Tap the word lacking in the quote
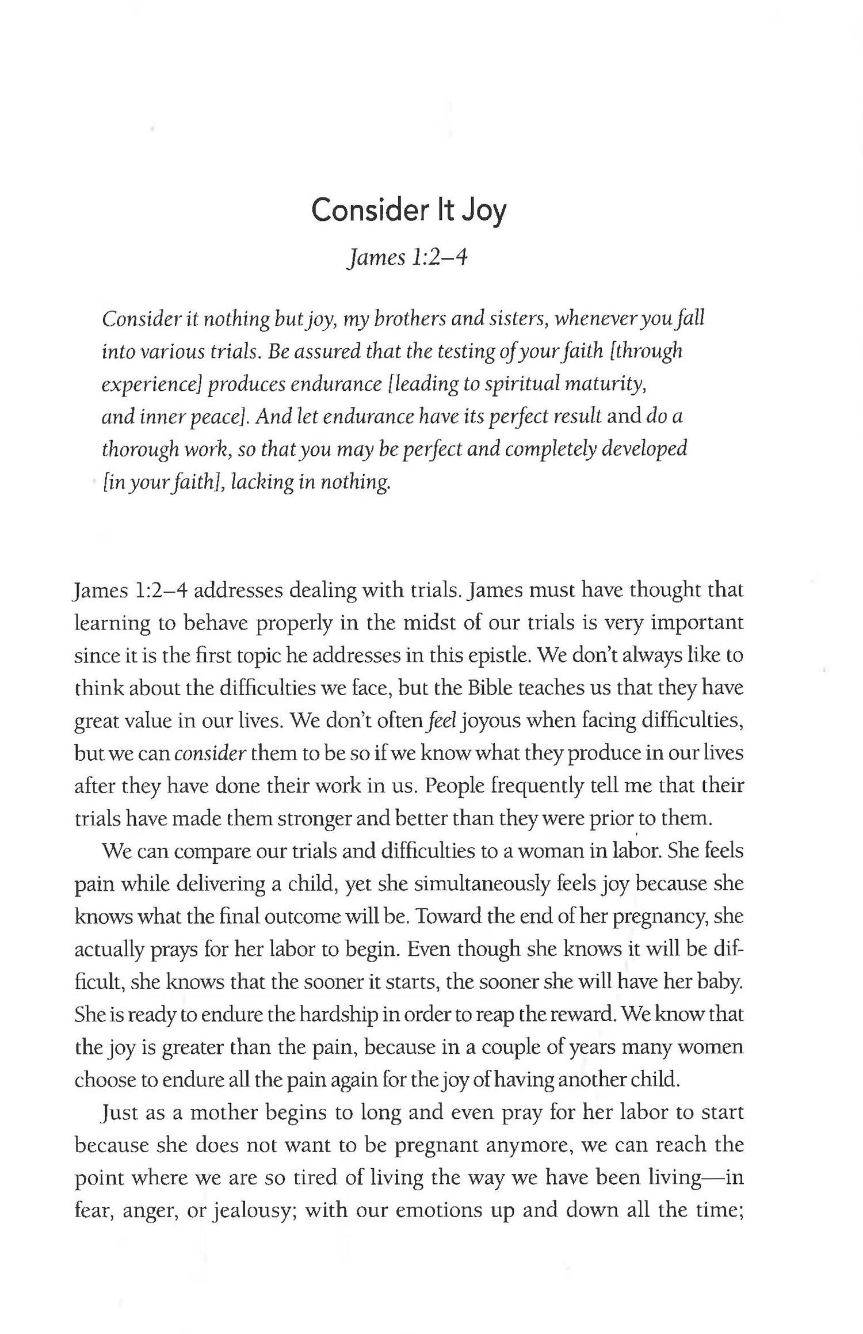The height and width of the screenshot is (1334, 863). [x=261, y=482]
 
